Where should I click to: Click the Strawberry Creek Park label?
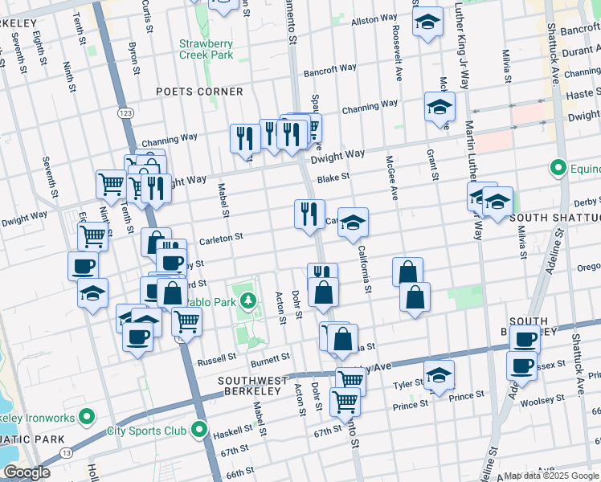pyautogui.click(x=206, y=49)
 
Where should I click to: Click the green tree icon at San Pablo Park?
pyautogui.click(x=248, y=300)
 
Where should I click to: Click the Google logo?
pyautogui.click(x=27, y=472)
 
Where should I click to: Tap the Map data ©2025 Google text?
pyautogui.click(x=551, y=476)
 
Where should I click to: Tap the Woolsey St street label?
pyautogui.click(x=543, y=400)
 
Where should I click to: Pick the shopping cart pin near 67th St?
pyautogui.click(x=345, y=399)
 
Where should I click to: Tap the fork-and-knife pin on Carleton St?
pyautogui.click(x=309, y=214)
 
